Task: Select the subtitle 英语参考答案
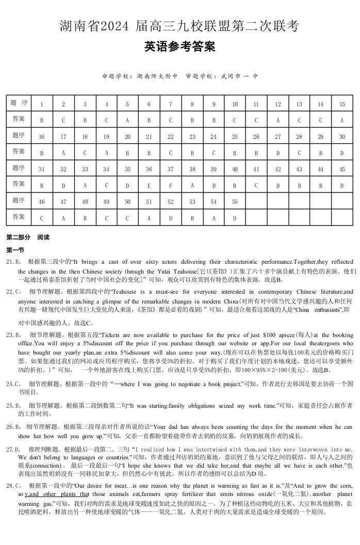click(x=179, y=47)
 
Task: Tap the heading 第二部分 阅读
click(x=28, y=238)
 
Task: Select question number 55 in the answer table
click(x=235, y=202)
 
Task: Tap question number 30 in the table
click(x=342, y=137)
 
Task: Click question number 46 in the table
click(x=42, y=202)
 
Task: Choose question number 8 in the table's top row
click(x=192, y=104)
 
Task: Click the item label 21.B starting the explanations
click(x=14, y=262)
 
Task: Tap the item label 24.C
click(x=14, y=384)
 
